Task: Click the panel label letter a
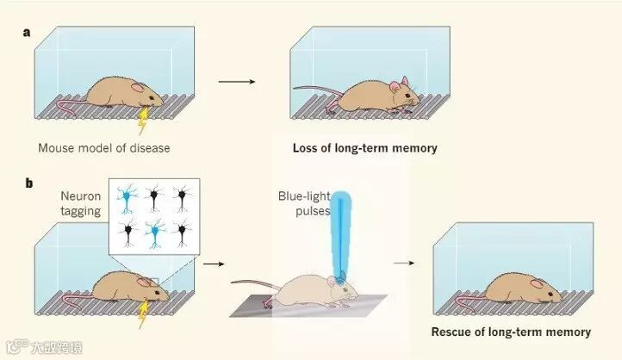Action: coord(27,33)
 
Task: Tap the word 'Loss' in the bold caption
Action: coord(307,148)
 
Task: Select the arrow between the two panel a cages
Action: coord(237,82)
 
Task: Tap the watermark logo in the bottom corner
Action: coord(13,349)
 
